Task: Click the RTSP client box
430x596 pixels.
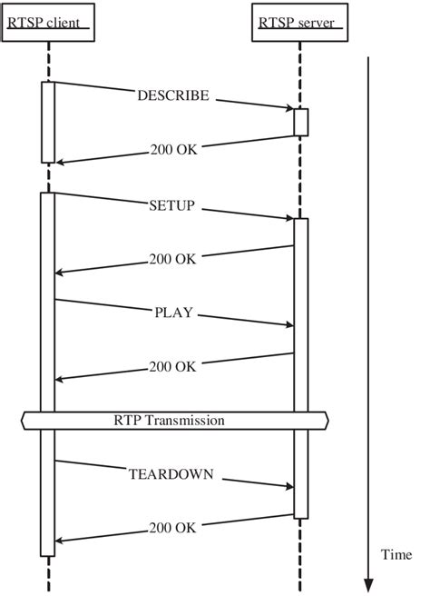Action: tap(48, 22)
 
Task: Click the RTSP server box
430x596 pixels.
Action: tap(300, 22)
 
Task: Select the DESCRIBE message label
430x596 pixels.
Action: tap(173, 95)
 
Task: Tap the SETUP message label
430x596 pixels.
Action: tap(172, 205)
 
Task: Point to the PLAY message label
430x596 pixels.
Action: tap(174, 313)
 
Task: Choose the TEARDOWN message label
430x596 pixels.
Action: tap(171, 474)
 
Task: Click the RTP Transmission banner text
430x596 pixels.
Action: tap(170, 421)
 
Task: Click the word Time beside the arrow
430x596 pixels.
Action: tap(396, 554)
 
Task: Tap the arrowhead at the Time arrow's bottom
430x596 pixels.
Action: tap(368, 586)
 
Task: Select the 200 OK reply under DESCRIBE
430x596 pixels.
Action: tap(174, 150)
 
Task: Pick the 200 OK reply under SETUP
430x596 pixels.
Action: tap(172, 259)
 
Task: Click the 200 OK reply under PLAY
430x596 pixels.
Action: tap(172, 367)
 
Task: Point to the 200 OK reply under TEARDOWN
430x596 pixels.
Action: tap(172, 528)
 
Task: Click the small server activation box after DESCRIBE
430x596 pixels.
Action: tap(301, 122)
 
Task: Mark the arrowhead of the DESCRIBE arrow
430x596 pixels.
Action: tap(290, 108)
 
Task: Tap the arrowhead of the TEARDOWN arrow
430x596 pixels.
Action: tap(290, 486)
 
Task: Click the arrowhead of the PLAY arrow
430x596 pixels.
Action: tap(290, 324)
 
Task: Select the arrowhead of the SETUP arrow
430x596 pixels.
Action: tap(290, 218)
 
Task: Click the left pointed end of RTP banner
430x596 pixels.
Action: tap(21, 421)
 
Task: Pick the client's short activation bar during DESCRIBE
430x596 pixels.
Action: tap(48, 123)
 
